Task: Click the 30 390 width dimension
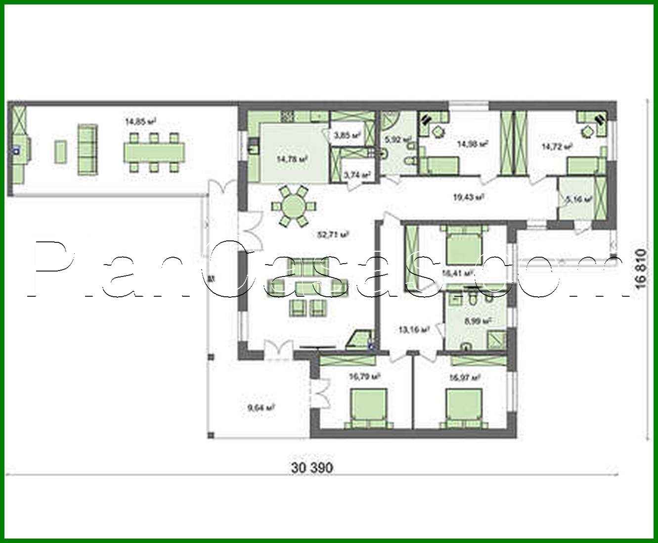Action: (312, 467)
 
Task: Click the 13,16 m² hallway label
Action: (413, 329)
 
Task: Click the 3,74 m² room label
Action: (356, 175)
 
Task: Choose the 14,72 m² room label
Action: (557, 146)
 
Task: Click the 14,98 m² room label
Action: (473, 144)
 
